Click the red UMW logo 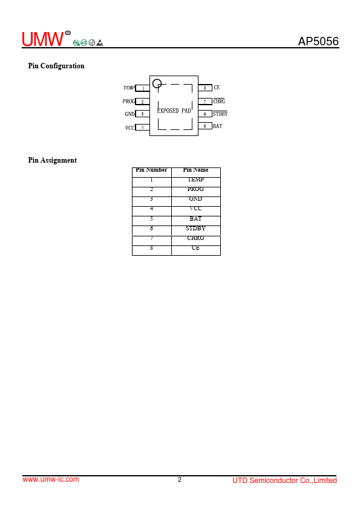43,39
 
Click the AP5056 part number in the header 318,41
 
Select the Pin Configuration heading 56,66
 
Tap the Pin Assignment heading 52,160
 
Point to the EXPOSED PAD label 174,111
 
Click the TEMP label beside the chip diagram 129,88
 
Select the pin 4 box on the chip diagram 142,127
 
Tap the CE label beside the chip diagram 217,87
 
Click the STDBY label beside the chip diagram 220,114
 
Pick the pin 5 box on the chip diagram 205,126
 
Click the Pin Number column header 151,170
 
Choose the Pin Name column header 195,170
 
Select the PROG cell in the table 195,189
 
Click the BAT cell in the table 195,218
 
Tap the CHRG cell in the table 195,238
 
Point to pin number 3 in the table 151,199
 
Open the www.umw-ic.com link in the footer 51,479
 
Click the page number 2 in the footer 180,479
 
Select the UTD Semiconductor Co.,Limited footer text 284,481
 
